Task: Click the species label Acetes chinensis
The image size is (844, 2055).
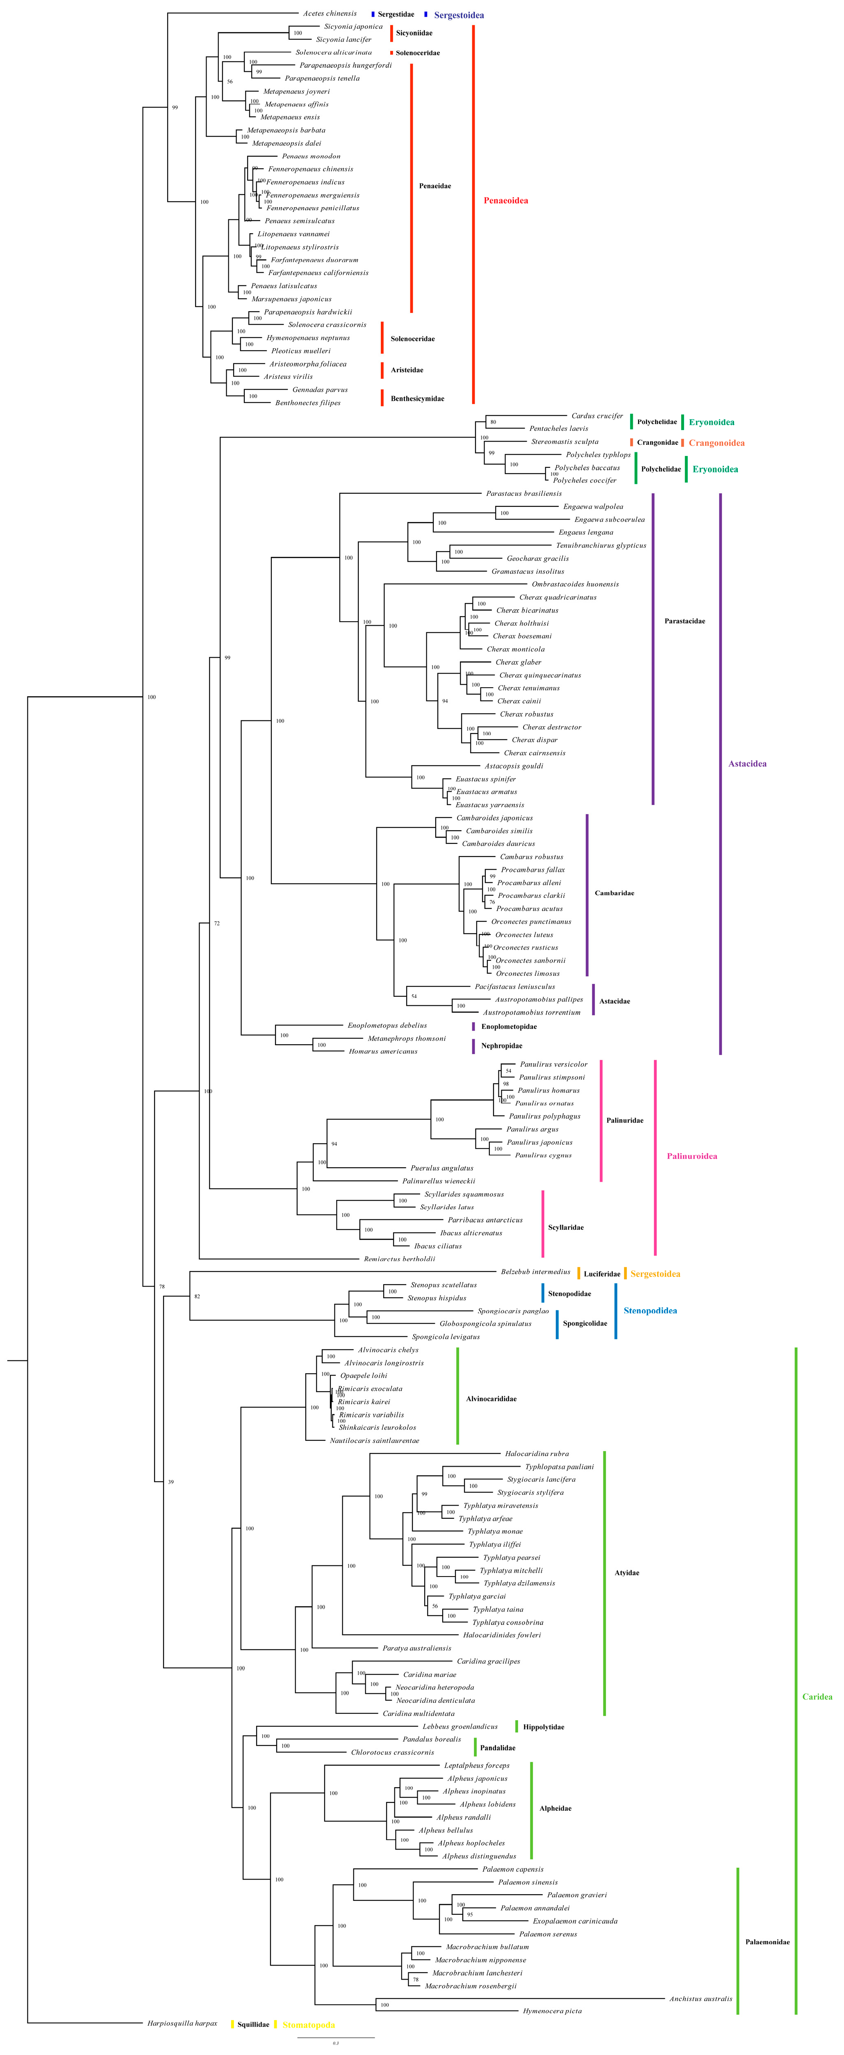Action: tap(330, 14)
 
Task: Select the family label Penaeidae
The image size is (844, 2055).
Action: tap(435, 186)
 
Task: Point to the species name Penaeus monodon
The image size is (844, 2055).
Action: tap(311, 156)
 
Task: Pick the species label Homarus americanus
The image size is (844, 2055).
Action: tap(383, 1051)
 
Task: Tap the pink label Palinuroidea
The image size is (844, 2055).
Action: tap(692, 1156)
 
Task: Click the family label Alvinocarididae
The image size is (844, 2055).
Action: tap(491, 1399)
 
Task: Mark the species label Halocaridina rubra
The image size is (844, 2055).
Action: tap(537, 1454)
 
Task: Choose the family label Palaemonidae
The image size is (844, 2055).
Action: tap(767, 1942)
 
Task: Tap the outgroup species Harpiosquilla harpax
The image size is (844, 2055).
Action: tap(182, 2023)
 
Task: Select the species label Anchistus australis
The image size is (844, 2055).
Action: tap(701, 1998)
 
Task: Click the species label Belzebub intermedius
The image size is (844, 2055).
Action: tap(535, 1271)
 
